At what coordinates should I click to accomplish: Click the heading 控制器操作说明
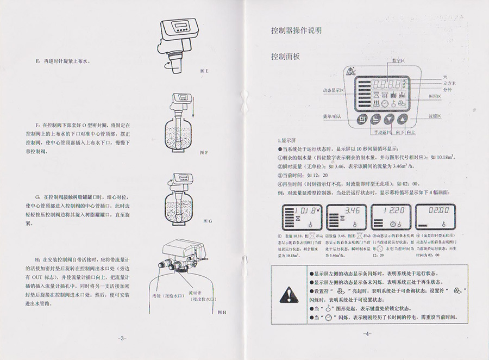coord(296,30)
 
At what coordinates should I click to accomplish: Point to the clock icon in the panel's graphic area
coord(385,103)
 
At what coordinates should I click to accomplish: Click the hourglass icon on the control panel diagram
coord(362,95)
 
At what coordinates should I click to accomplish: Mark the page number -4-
coord(368,333)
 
